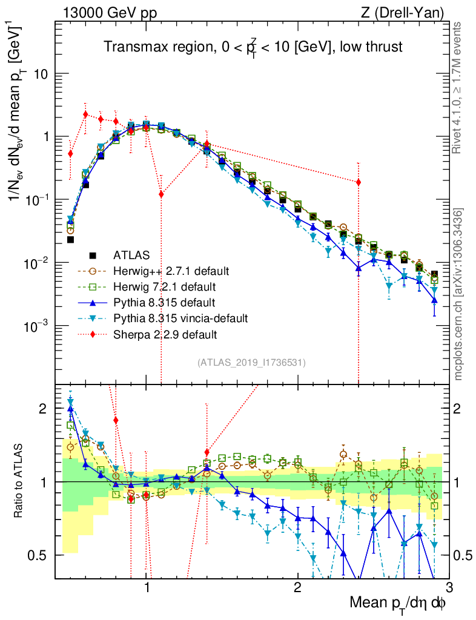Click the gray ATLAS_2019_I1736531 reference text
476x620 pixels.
[x=251, y=363]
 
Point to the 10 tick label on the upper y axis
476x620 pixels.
[x=40, y=74]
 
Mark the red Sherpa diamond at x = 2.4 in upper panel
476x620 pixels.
[x=359, y=182]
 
